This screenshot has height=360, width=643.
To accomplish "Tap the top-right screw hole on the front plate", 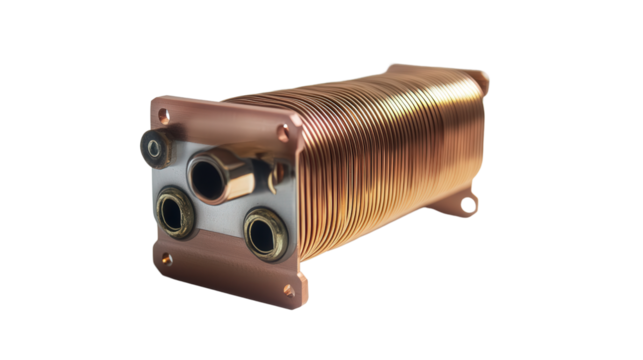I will tap(288, 130).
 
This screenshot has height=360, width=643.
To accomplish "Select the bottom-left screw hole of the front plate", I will tap(165, 258).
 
